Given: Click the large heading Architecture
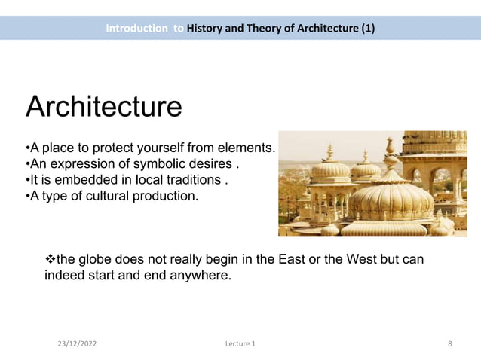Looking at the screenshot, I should tap(104, 106).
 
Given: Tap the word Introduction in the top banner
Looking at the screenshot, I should tap(136, 29).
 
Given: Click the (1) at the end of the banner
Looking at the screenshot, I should tap(367, 29).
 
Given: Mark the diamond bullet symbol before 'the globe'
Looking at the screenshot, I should tap(51, 260).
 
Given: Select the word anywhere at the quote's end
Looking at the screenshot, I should tap(204, 276).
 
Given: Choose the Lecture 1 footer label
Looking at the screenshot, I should tap(240, 344).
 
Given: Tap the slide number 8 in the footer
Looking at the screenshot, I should tap(450, 344).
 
